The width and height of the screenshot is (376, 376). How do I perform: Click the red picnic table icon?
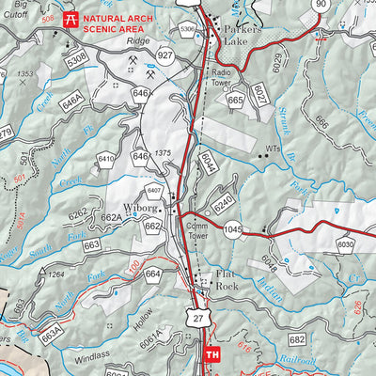[x=70, y=18]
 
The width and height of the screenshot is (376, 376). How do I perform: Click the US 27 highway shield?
[x=195, y=321]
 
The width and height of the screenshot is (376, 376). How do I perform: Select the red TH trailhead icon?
[x=213, y=354]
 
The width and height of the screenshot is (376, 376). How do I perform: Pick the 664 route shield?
[x=152, y=274]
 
